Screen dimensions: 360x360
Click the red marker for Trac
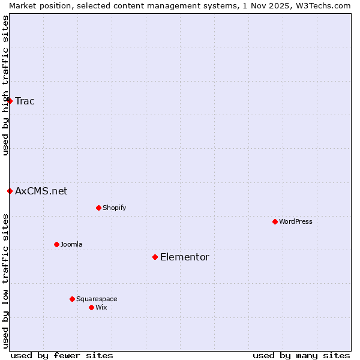pyautogui.click(x=10, y=101)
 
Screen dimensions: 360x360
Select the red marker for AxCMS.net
pyautogui.click(x=10, y=191)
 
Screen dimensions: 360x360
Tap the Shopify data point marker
pyautogui.click(x=98, y=208)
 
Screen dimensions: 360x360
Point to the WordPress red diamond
pyautogui.click(x=275, y=222)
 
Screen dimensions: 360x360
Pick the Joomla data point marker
pyautogui.click(x=56, y=244)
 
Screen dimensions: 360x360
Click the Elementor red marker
pyautogui.click(x=155, y=257)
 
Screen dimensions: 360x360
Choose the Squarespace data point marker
pyautogui.click(x=72, y=299)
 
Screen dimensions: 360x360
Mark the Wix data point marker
pyautogui.click(x=91, y=307)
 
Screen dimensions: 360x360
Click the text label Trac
pyautogui.click(x=25, y=101)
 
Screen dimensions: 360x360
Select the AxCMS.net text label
pyautogui.click(x=41, y=191)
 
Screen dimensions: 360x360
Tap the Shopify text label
pyautogui.click(x=114, y=208)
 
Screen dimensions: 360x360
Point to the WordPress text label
pyautogui.click(x=296, y=222)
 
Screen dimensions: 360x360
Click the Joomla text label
pyautogui.click(x=71, y=244)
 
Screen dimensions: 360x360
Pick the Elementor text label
pyautogui.click(x=184, y=257)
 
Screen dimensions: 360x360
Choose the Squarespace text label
pyautogui.click(x=97, y=299)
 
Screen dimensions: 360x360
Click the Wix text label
pyautogui.click(x=101, y=307)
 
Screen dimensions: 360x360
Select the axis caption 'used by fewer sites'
pyautogui.click(x=62, y=355)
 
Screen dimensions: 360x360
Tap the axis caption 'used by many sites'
pyautogui.click(x=301, y=355)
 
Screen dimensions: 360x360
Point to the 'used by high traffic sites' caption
pyautogui.click(x=5, y=85)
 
